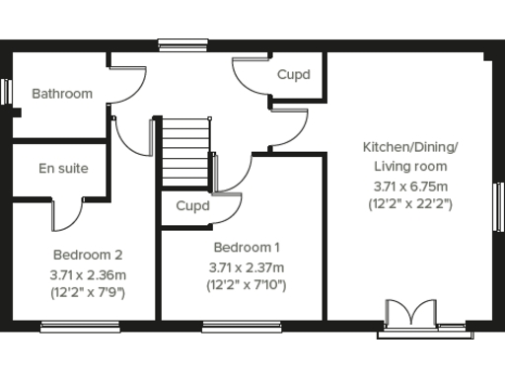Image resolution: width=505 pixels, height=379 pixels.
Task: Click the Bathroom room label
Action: pyautogui.click(x=61, y=94)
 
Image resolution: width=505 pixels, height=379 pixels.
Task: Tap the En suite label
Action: pyautogui.click(x=63, y=169)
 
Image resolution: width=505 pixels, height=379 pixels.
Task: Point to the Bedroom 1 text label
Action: pyautogui.click(x=247, y=248)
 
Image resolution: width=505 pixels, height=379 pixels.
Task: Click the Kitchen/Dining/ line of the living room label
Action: pyautogui.click(x=410, y=148)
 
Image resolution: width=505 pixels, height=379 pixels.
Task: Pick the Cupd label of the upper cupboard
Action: pyautogui.click(x=293, y=75)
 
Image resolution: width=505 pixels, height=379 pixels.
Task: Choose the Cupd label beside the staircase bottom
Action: pyautogui.click(x=192, y=206)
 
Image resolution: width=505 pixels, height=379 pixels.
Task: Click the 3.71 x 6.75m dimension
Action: pyautogui.click(x=410, y=187)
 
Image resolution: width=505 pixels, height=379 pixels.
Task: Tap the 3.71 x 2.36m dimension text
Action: pyautogui.click(x=88, y=273)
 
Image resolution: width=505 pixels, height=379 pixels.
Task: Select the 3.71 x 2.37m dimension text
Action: pyautogui.click(x=247, y=267)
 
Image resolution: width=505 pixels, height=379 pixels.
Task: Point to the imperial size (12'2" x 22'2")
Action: pyautogui.click(x=410, y=205)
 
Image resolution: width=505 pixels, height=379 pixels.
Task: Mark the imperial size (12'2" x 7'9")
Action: pyautogui.click(x=88, y=292)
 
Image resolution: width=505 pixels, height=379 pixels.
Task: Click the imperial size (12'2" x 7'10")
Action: pyautogui.click(x=247, y=286)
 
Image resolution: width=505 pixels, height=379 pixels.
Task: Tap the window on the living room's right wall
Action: pyautogui.click(x=498, y=207)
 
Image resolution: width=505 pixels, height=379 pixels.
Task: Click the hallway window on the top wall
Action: pyautogui.click(x=184, y=42)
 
